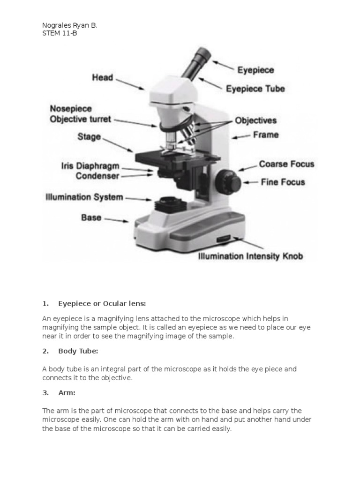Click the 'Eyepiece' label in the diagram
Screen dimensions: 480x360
tap(255, 70)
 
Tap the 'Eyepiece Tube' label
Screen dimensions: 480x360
tap(255, 88)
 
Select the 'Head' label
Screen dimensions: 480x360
tap(102, 77)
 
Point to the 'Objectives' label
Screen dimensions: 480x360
tap(255, 120)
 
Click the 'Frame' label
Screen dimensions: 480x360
tap(266, 135)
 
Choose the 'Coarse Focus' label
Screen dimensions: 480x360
tap(286, 165)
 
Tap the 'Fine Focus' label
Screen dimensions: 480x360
tap(283, 182)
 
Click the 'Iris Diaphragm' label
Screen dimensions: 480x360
tap(90, 166)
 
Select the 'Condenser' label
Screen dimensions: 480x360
tap(97, 176)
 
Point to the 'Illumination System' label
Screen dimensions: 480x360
tap(84, 197)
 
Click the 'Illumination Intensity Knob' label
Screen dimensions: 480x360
tap(251, 256)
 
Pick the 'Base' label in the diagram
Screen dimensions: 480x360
tap(91, 217)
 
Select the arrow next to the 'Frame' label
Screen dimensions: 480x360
tap(241, 137)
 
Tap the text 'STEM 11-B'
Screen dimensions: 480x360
tap(60, 34)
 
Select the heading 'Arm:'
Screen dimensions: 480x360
tap(67, 393)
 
